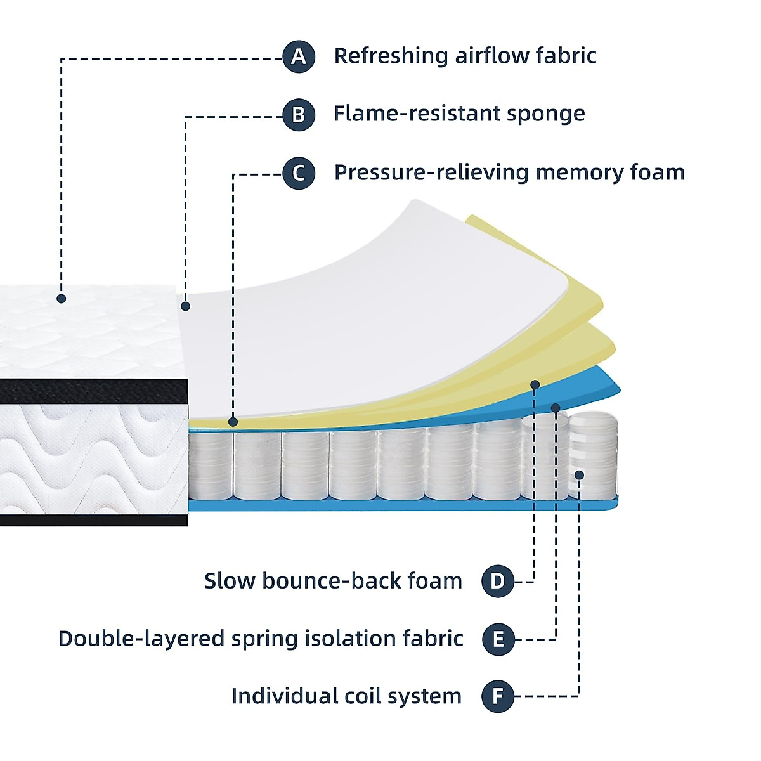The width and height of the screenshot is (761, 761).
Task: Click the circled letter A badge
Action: [x=299, y=57]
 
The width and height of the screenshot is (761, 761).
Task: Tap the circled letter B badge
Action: [x=299, y=115]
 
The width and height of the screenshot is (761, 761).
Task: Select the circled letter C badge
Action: [x=299, y=173]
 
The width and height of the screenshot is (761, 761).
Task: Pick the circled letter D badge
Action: [x=498, y=581]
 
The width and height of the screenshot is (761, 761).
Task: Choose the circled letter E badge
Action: [x=498, y=639]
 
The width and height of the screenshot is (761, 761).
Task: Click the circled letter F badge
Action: [x=498, y=696]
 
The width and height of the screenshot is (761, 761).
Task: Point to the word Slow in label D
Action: [x=229, y=581]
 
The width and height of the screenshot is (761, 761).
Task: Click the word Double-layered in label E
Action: [x=141, y=639]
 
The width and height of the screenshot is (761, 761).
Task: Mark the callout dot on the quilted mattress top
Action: [x=62, y=298]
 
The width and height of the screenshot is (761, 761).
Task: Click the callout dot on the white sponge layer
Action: [x=185, y=306]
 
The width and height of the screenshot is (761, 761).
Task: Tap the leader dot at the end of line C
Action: [x=233, y=421]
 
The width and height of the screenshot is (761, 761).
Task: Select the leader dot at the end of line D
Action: [x=535, y=384]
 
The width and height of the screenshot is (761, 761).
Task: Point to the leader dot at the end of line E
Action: [x=556, y=407]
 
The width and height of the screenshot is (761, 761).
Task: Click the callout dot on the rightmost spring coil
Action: [x=579, y=475]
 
